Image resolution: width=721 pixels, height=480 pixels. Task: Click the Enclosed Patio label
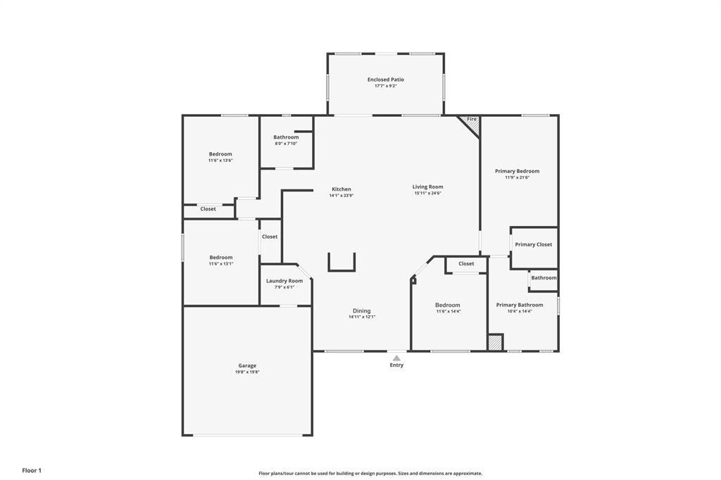(x=385, y=80)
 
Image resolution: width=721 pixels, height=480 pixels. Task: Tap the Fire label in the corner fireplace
(x=472, y=120)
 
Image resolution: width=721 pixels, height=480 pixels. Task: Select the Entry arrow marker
(x=396, y=358)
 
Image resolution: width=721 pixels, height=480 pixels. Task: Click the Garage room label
(x=247, y=365)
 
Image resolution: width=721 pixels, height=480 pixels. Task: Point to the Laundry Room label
(x=284, y=281)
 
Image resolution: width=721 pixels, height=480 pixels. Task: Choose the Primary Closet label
(x=533, y=244)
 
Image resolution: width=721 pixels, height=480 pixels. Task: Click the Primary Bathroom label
(x=519, y=305)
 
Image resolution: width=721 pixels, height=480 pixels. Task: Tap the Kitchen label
(x=341, y=189)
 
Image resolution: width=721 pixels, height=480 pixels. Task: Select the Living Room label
(x=427, y=187)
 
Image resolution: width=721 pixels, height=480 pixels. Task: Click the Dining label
(x=361, y=311)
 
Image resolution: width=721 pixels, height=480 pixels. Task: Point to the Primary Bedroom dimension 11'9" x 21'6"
(x=517, y=177)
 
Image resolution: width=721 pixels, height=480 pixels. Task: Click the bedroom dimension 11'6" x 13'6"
(x=220, y=160)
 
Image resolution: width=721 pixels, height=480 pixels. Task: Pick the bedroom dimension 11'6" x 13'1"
(x=220, y=264)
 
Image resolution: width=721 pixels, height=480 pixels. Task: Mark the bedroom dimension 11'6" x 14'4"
(x=448, y=311)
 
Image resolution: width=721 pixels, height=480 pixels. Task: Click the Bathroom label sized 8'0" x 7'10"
(x=286, y=144)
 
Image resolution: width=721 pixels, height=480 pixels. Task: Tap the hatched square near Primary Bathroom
(x=496, y=343)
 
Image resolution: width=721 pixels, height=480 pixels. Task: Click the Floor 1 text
(x=32, y=470)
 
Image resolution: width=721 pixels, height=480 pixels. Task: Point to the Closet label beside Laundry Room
(x=270, y=236)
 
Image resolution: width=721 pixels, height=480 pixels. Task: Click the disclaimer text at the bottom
(x=370, y=474)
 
